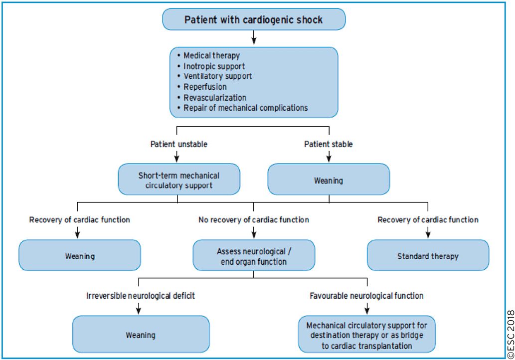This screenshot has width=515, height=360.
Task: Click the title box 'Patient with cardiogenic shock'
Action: pos(253,20)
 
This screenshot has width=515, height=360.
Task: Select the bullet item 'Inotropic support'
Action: pos(214,66)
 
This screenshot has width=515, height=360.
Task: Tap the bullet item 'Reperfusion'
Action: pos(205,87)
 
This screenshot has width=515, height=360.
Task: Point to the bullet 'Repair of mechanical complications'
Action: pos(245,108)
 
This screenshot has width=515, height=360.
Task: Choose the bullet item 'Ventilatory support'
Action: pos(217,76)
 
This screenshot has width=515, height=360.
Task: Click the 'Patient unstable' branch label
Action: pos(178,144)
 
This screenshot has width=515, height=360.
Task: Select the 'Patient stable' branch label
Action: pos(329,144)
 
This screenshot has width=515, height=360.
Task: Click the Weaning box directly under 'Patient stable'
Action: pos(329,180)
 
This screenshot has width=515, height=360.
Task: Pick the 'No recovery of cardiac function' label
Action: pos(253,220)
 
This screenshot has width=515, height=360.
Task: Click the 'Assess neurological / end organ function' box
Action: pos(253,256)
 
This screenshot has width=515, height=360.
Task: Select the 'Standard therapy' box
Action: pos(427,256)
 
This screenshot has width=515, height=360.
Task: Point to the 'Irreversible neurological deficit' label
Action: pos(140,296)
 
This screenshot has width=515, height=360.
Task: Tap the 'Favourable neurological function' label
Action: pos(366,296)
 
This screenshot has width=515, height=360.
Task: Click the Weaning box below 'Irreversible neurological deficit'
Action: pos(140,335)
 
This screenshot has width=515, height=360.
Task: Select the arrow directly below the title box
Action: pos(253,37)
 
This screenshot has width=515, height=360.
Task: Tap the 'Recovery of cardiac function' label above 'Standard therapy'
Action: pos(427,220)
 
